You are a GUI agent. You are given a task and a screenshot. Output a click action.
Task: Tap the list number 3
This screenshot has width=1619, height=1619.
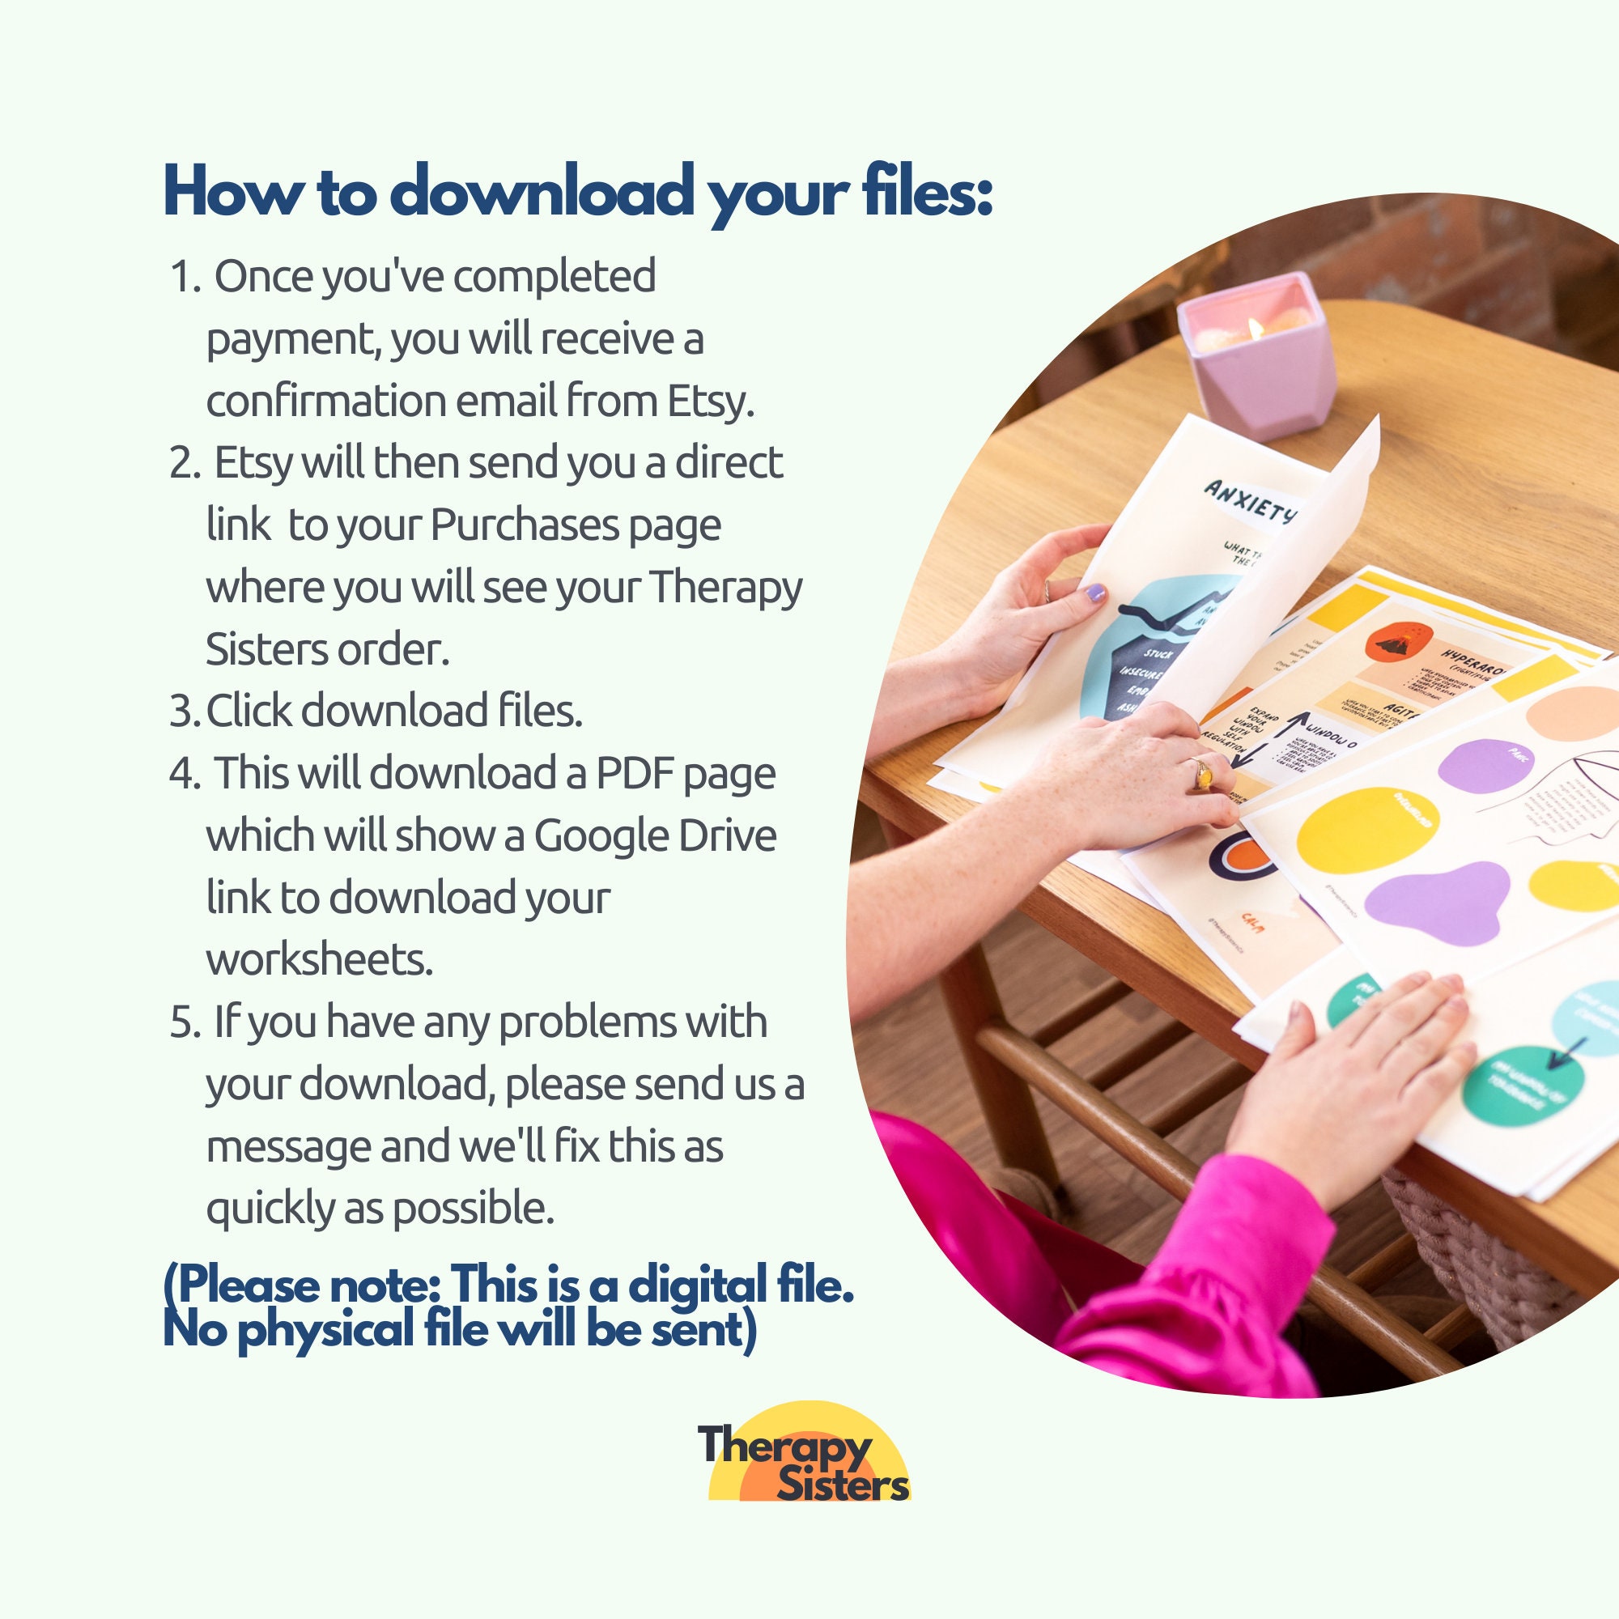pyautogui.click(x=181, y=712)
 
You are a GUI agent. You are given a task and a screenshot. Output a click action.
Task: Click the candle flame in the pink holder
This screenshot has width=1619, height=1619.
pyautogui.click(x=1256, y=329)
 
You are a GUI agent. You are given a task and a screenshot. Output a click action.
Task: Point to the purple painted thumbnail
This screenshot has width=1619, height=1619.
pyautogui.click(x=1095, y=595)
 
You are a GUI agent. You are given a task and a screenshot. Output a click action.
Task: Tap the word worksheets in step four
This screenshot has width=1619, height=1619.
pyautogui.click(x=319, y=959)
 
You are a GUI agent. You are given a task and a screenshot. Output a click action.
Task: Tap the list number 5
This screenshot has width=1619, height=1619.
pyautogui.click(x=181, y=1024)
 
